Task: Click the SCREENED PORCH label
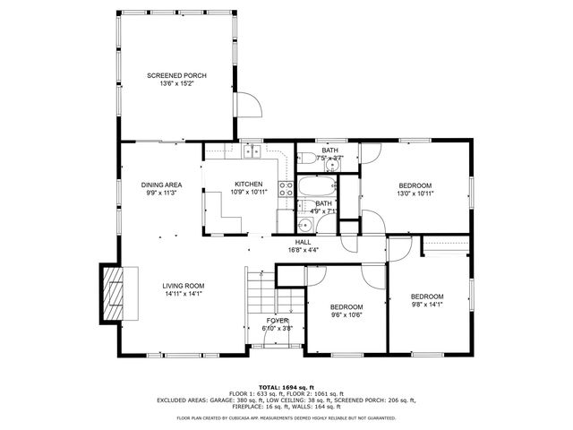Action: click(x=176, y=76)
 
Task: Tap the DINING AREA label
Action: click(x=161, y=185)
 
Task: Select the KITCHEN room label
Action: click(x=249, y=184)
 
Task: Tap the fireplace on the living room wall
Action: click(x=112, y=293)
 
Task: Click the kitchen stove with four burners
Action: click(x=286, y=189)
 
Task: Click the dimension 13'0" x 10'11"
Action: click(x=415, y=193)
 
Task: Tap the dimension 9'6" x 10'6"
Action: click(x=346, y=314)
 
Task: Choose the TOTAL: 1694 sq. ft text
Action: click(x=286, y=387)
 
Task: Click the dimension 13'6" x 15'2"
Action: click(x=176, y=84)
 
